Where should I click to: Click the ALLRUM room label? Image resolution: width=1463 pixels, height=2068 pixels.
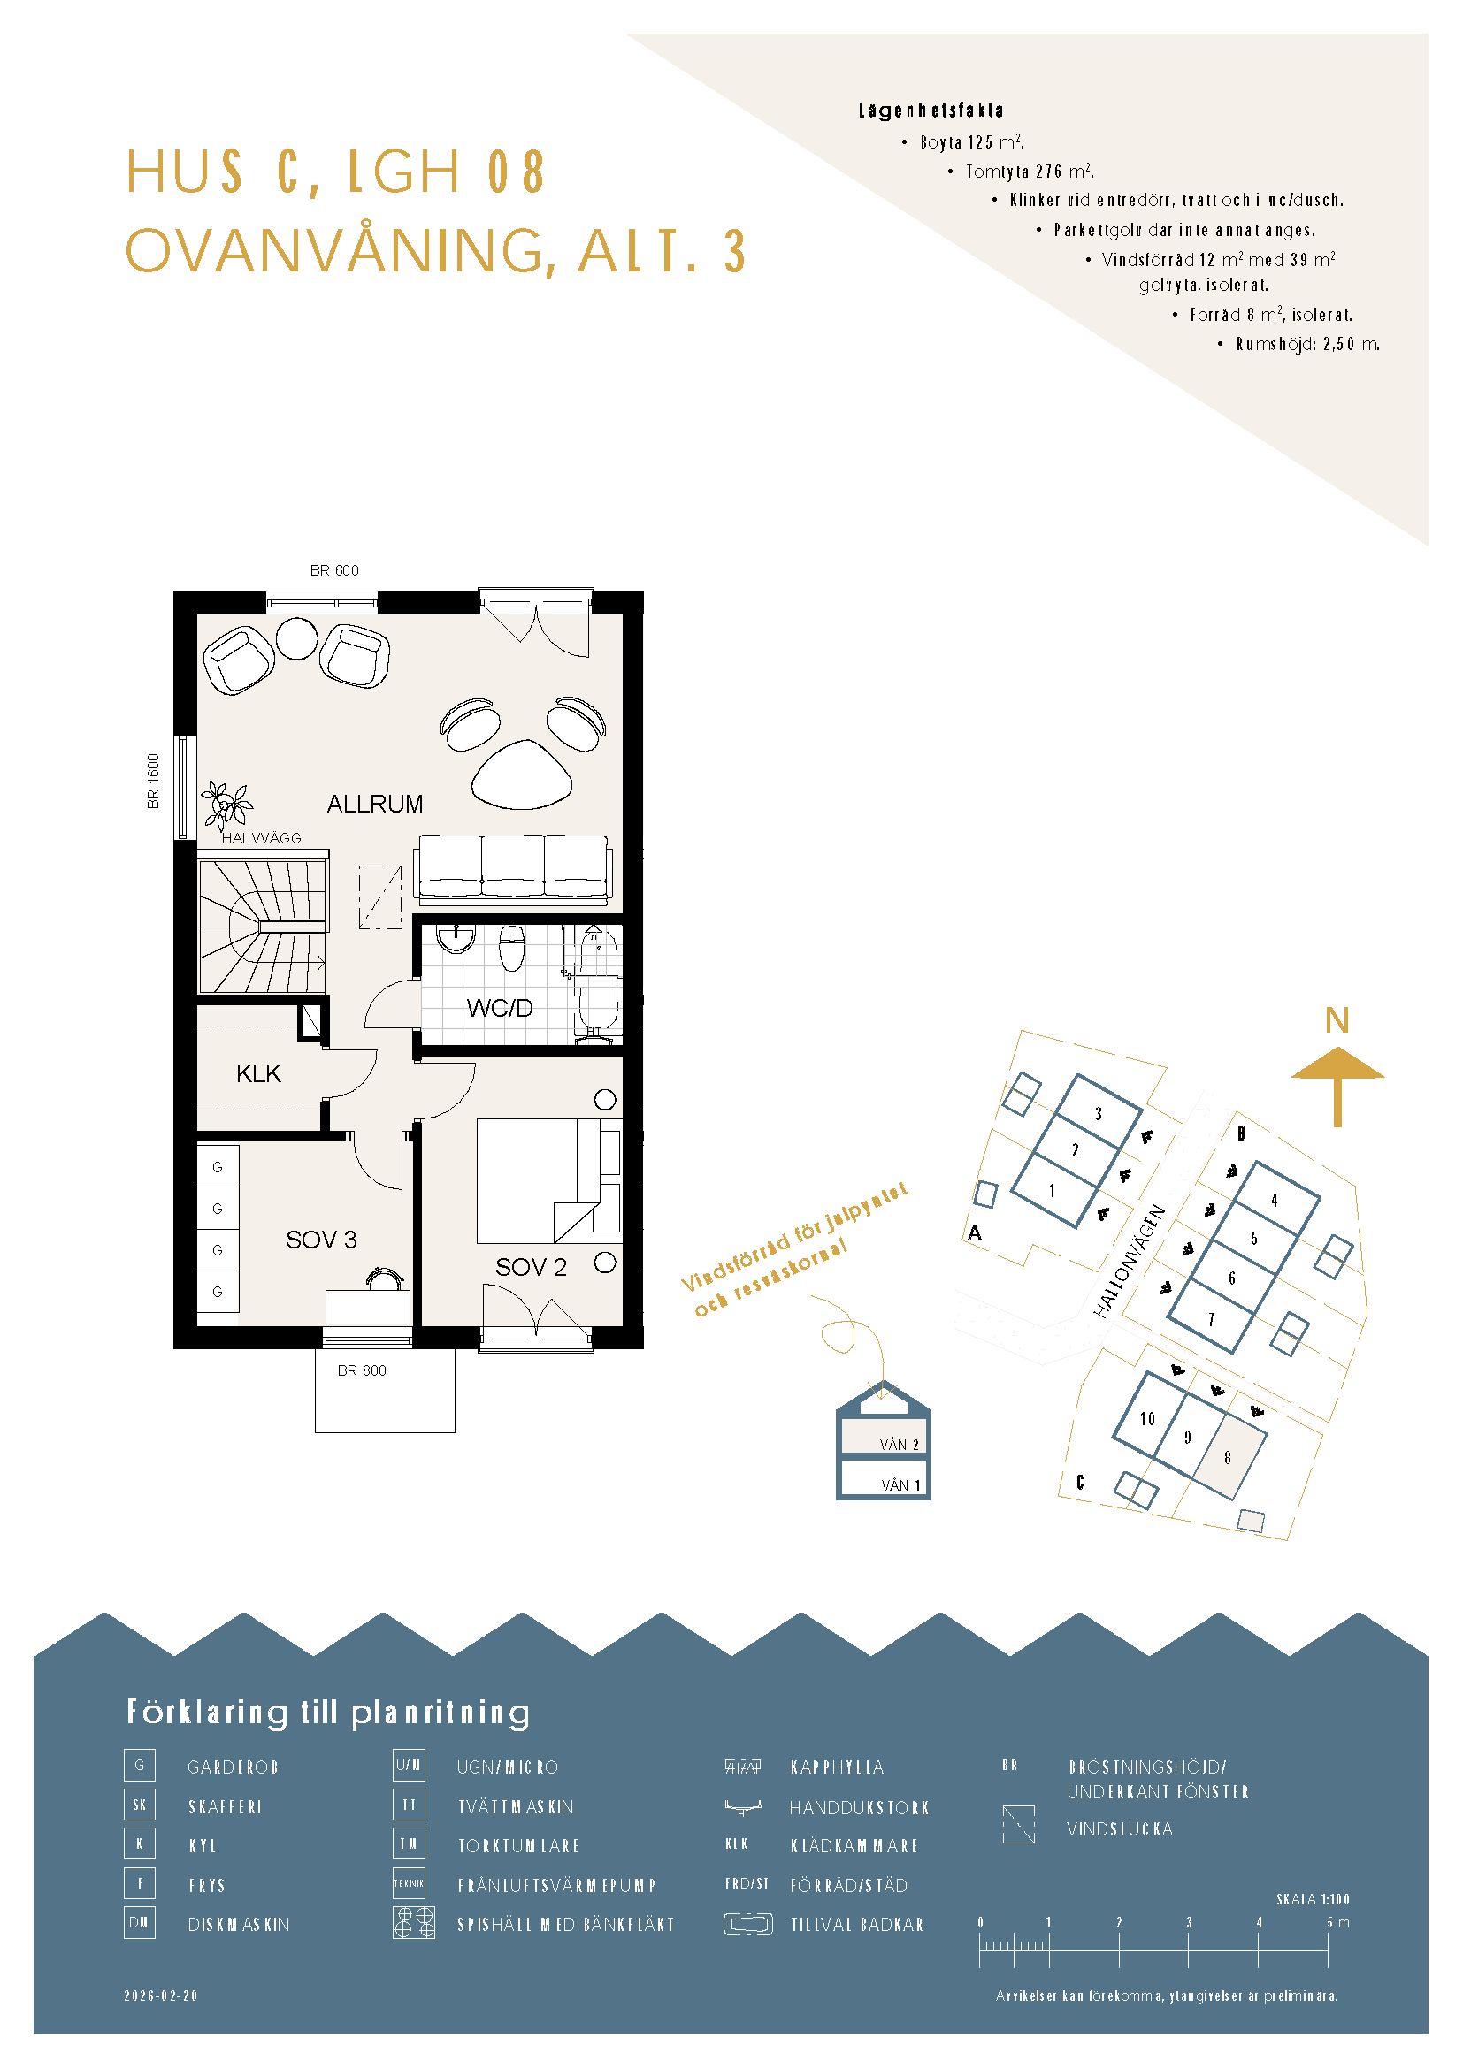375,804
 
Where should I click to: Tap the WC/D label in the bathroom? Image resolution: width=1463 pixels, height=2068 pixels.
499,1008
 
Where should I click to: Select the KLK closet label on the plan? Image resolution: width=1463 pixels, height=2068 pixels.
258,1073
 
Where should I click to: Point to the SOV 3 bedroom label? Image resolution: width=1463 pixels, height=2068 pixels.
321,1240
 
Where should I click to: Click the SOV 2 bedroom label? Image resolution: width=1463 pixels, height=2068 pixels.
531,1267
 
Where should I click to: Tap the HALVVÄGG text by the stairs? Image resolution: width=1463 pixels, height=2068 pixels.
261,837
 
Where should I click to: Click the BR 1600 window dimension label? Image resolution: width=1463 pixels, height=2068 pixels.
153,781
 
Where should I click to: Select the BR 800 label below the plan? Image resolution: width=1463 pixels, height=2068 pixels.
361,1371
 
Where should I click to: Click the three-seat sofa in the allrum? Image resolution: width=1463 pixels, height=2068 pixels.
513,868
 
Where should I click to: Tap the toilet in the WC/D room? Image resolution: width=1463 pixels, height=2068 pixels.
510,948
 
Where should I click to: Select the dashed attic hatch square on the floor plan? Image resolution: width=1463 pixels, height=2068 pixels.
380,897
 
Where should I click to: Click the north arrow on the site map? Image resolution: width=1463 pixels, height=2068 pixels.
1337,1086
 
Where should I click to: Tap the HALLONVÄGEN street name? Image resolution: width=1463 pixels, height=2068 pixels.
1130,1262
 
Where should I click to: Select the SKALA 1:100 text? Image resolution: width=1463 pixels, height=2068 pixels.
1313,1899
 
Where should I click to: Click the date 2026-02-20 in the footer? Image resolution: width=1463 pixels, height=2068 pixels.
160,1996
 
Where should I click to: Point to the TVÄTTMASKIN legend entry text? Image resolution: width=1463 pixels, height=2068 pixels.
516,1807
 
